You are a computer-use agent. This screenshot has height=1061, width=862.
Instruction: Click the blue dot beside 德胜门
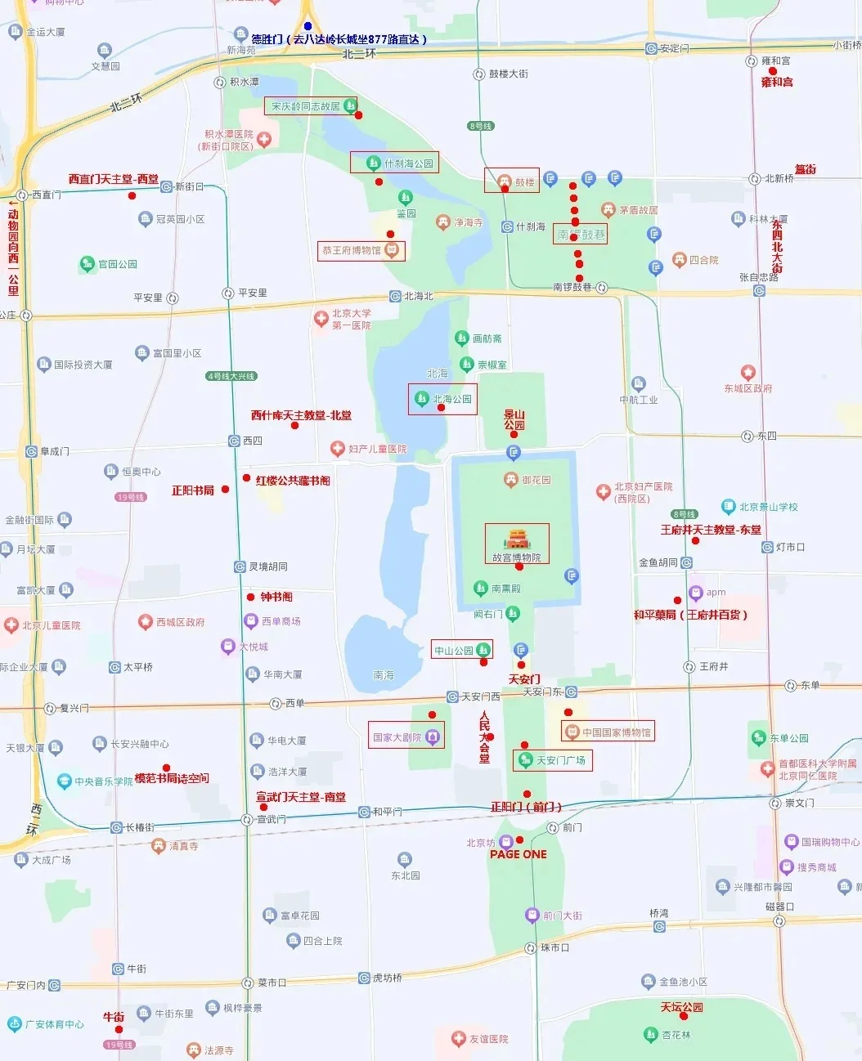pos(308,26)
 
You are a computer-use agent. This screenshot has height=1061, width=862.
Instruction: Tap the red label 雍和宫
pos(777,82)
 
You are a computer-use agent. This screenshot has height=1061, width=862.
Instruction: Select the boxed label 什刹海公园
pos(394,163)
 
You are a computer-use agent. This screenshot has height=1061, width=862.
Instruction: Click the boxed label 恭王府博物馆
pos(361,250)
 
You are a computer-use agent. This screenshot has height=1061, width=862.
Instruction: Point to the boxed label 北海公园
pos(442,399)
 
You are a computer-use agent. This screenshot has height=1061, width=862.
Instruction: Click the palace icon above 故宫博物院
pos(518,539)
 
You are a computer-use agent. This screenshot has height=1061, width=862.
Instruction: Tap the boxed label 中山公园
pos(462,651)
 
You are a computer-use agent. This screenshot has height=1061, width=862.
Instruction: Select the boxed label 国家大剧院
pos(406,736)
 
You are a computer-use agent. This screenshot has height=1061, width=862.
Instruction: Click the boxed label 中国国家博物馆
pos(608,732)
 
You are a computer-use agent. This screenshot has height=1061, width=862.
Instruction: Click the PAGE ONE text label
pos(519,854)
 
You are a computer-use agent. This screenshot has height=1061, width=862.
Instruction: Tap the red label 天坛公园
pos(682,1007)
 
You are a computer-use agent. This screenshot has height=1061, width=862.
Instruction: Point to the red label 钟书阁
pos(276,597)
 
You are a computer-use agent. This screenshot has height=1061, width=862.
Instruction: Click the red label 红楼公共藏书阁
pos(293,481)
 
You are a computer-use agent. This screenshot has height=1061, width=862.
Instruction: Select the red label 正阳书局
pos(193,490)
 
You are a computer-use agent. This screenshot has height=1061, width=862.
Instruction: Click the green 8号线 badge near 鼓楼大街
pos(481,126)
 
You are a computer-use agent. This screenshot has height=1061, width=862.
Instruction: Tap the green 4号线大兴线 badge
pos(232,376)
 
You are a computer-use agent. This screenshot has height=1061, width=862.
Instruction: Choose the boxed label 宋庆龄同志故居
pos(311,106)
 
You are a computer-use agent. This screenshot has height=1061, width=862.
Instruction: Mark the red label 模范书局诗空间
pos(172,778)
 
